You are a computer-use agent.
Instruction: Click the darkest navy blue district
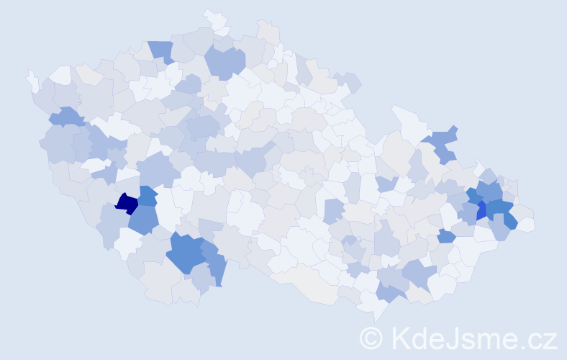point(126,204)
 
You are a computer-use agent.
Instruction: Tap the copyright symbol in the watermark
point(371,337)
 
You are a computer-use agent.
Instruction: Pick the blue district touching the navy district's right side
point(147,196)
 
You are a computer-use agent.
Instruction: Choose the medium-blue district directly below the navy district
point(144,219)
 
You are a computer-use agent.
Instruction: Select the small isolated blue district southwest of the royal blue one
point(445,235)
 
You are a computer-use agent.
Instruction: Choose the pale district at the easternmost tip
point(526,224)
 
